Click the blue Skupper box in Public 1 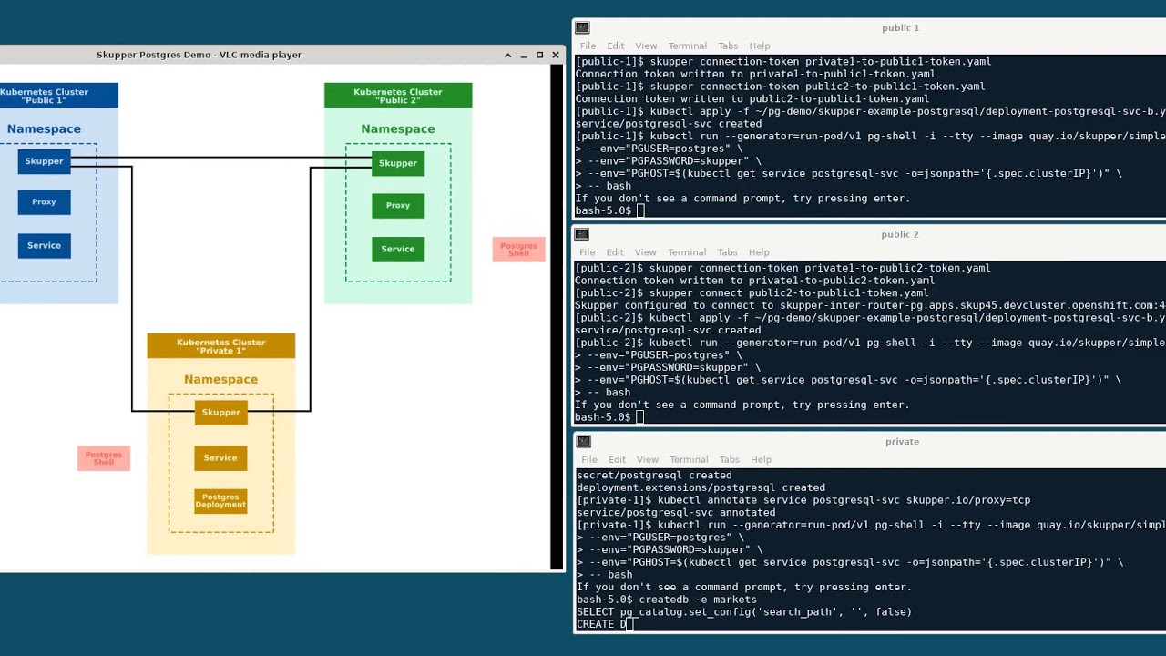(44, 161)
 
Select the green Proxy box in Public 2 (398, 206)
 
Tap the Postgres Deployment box (220, 501)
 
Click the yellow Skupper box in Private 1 (220, 413)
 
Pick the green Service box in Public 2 (398, 249)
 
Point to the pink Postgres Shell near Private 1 (104, 458)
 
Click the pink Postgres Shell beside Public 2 (518, 249)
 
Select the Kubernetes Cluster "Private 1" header (220, 346)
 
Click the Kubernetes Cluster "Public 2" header (398, 96)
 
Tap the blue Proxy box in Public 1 (44, 202)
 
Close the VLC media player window (555, 56)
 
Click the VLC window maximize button (539, 56)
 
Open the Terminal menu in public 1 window (687, 46)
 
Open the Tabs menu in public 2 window (727, 252)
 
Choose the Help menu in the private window (761, 460)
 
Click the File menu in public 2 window (588, 252)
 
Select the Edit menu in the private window (618, 460)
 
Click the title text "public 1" (900, 28)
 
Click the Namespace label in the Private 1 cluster (220, 380)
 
